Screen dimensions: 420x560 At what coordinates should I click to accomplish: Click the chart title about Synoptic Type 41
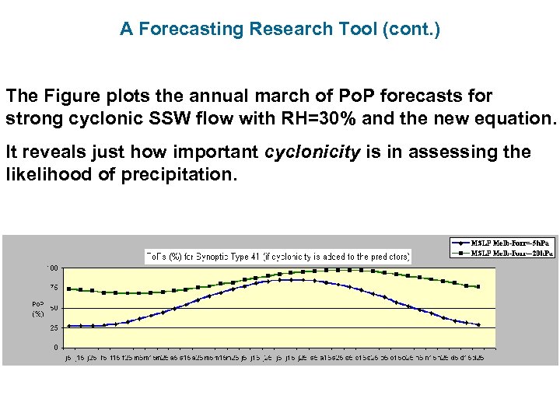[278, 256]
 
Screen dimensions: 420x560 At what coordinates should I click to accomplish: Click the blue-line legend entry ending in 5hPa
[502, 242]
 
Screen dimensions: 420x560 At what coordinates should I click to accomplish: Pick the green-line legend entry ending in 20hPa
[502, 253]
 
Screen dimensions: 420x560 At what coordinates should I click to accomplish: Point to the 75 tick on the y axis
[52, 289]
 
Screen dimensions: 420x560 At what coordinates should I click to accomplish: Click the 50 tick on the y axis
[52, 308]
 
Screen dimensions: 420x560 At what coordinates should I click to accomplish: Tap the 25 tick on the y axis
[52, 327]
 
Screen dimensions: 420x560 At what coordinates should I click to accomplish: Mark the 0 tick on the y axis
[54, 347]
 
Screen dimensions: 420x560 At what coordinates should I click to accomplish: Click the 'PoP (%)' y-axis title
[37, 309]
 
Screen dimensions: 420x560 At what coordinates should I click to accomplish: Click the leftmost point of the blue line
[69, 327]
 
